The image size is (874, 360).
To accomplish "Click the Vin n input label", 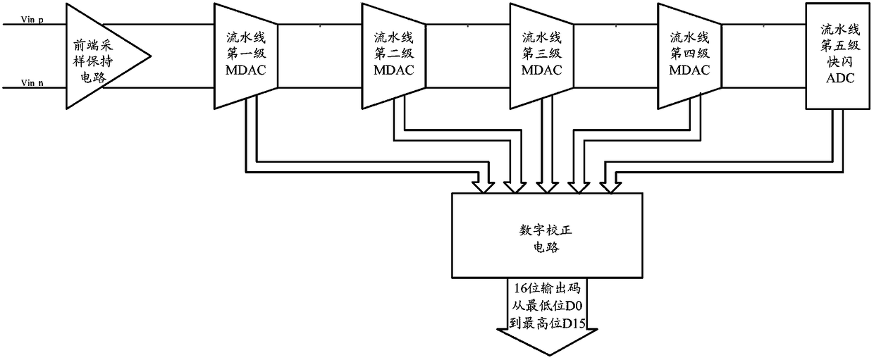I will tap(32, 82).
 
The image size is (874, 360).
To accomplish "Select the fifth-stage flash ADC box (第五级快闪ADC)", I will tap(838, 55).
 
